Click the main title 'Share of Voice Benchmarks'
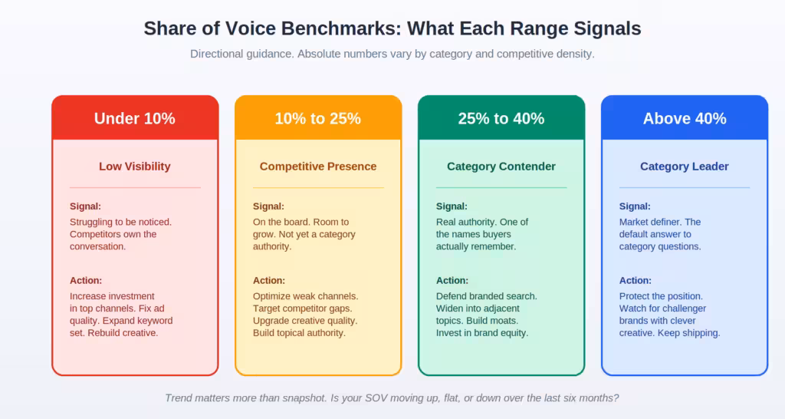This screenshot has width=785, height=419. coord(392,28)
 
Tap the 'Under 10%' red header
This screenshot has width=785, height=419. coord(135,118)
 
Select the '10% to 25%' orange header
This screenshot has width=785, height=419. coord(318,118)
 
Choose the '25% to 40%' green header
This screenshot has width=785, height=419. coord(501,118)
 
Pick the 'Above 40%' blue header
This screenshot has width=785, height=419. coord(685,118)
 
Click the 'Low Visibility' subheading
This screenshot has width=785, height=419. coord(135,167)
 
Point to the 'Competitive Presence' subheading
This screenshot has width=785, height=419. coord(318,167)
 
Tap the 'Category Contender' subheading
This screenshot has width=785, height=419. coord(501,167)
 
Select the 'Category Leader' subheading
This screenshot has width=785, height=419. coord(685,167)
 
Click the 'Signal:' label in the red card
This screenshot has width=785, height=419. coord(85,206)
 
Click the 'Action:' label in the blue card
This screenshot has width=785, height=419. coord(636,281)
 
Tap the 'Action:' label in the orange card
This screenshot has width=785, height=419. coord(269,281)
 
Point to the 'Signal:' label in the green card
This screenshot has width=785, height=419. coord(452,206)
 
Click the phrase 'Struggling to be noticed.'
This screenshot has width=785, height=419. coord(120,223)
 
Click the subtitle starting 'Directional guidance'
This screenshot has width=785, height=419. coord(392,54)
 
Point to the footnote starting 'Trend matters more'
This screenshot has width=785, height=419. coord(392,398)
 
